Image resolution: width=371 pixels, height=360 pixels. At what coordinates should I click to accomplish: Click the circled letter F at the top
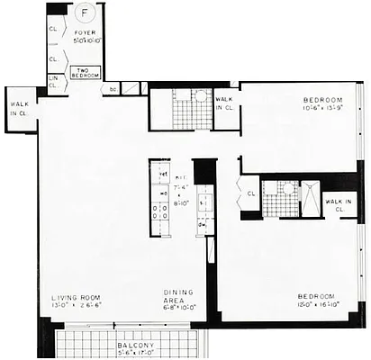point(85,13)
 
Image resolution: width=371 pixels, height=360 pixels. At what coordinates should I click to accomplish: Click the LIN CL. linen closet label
point(52,81)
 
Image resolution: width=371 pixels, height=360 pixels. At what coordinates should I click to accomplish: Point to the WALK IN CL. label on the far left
point(20,108)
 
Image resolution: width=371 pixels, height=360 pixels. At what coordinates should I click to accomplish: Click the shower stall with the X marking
point(309,198)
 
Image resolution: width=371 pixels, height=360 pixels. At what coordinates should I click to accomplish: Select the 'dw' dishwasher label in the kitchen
point(204,223)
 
